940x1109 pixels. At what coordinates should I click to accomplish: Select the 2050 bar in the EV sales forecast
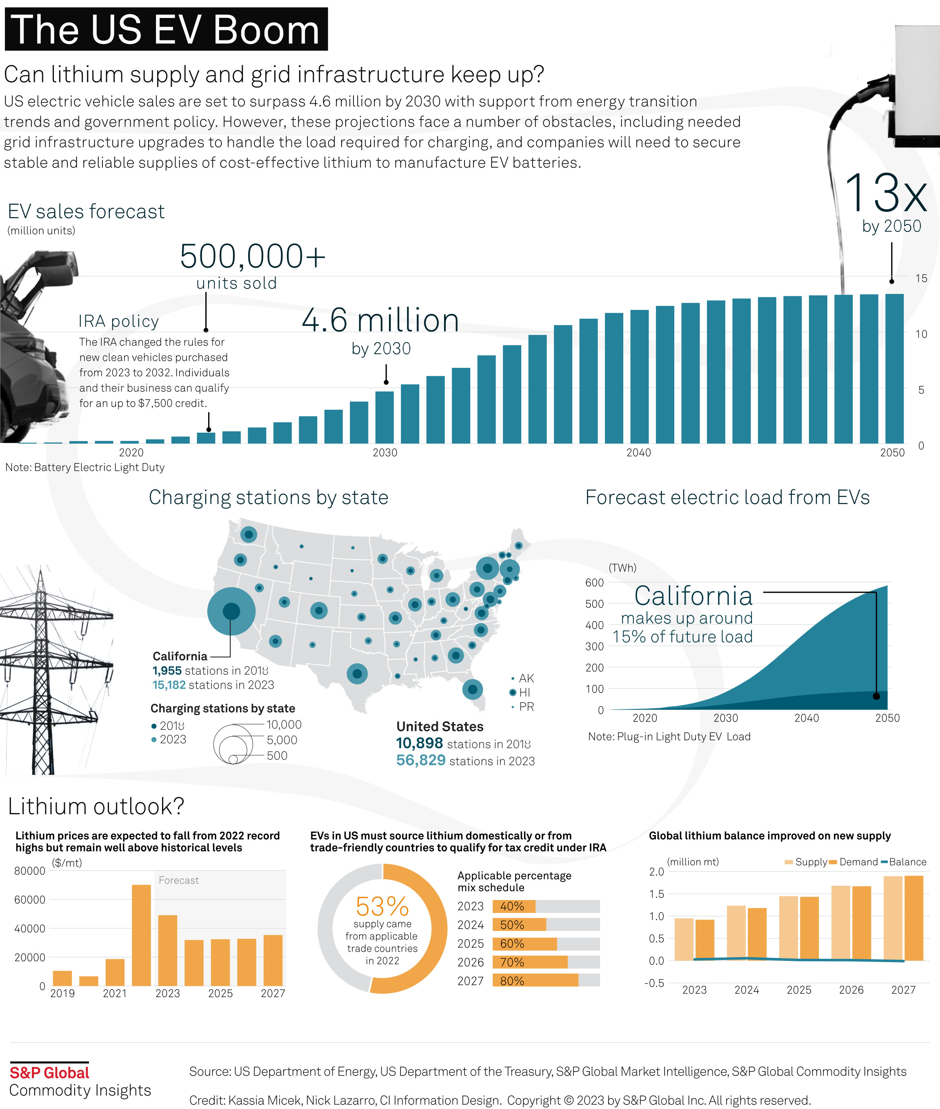894,368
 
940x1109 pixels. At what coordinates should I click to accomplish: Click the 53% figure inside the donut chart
382,907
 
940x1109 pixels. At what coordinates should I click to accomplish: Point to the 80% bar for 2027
535,980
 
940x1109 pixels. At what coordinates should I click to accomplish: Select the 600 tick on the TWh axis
594,582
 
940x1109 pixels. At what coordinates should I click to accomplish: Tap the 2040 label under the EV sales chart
638,452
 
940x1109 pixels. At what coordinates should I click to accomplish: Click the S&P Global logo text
49,1072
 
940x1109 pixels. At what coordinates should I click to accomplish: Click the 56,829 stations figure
420,760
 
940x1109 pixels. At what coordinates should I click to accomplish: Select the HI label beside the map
524,692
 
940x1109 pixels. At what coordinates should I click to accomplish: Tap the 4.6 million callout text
380,320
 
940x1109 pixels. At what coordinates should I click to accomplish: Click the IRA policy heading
118,321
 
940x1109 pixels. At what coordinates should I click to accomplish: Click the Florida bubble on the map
472,689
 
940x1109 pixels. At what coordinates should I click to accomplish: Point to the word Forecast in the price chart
178,880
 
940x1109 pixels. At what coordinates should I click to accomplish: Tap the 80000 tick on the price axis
30,871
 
